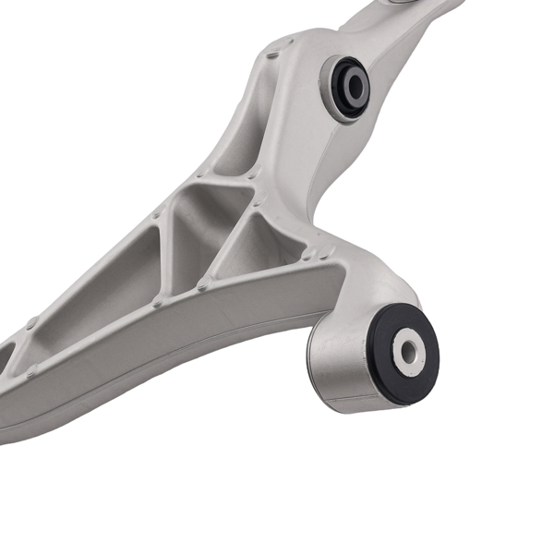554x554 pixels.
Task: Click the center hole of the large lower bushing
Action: [406, 350]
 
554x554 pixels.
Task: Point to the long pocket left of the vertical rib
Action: [106, 277]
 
